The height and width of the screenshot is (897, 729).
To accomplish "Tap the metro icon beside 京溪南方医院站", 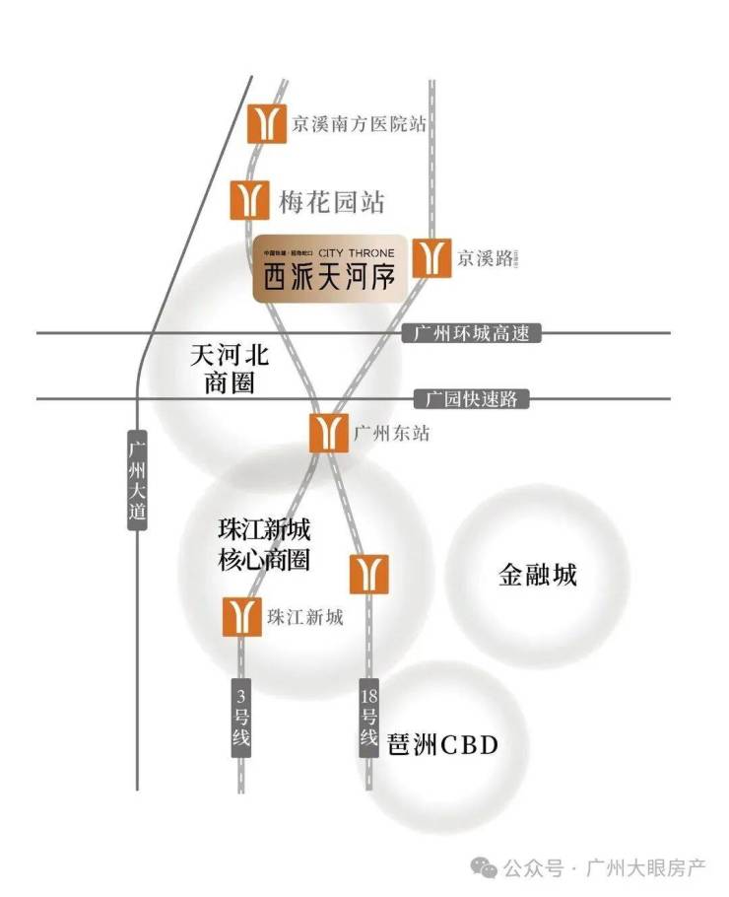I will tap(266, 123).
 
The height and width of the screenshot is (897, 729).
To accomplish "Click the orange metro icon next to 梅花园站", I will tap(250, 199).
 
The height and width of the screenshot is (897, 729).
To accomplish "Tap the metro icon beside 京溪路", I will tap(429, 257).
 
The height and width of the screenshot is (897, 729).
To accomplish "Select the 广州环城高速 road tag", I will tap(473, 333).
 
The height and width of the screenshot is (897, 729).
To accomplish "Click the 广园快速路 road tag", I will tap(472, 399).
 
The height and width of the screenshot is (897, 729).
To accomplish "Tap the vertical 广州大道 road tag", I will tap(137, 479).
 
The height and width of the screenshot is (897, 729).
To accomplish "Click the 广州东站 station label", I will tap(391, 433).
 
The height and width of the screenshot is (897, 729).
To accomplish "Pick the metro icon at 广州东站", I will tap(329, 433).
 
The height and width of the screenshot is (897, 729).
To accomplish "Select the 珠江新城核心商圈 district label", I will tap(264, 544).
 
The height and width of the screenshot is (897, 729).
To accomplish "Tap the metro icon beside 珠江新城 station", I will tap(242, 617).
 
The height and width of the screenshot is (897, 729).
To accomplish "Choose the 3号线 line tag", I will tap(242, 718).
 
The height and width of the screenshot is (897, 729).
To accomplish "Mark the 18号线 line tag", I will tap(369, 718).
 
